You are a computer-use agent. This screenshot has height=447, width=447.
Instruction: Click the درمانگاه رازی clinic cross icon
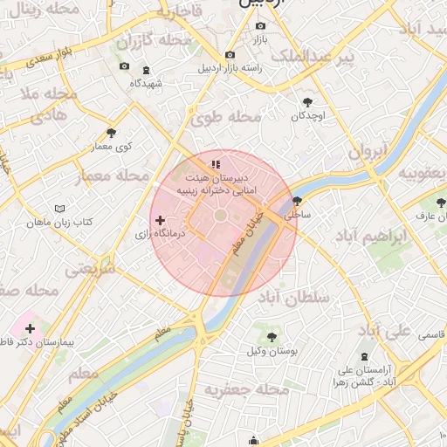(x=158, y=223)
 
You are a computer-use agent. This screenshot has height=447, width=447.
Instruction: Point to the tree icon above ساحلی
(x=298, y=200)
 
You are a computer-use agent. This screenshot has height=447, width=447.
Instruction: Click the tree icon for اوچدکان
(x=307, y=102)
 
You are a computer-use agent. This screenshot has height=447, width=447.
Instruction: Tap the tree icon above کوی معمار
(x=111, y=133)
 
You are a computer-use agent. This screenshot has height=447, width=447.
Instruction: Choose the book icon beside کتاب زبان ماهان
(x=59, y=210)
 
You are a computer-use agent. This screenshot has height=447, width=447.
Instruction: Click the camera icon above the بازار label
(x=260, y=26)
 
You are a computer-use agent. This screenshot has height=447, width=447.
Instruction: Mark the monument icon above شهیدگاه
(x=145, y=70)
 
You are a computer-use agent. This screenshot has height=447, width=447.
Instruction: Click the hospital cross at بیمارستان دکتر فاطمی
(x=30, y=328)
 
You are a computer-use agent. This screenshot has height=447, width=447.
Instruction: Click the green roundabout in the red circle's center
(x=220, y=215)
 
